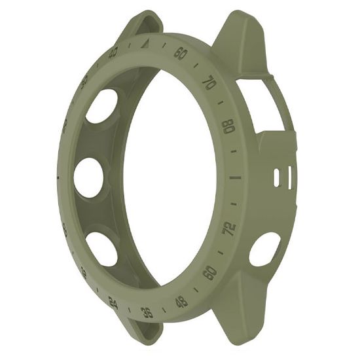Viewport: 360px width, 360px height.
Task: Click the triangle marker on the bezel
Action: tap(147, 45)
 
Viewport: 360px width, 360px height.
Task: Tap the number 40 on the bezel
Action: tap(113, 53)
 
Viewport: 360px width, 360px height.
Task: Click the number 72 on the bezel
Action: tap(229, 228)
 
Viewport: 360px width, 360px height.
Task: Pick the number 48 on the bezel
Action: tap(181, 302)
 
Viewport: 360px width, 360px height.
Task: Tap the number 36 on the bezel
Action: tap(147, 312)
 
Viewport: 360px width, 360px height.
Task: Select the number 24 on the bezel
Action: tap(113, 302)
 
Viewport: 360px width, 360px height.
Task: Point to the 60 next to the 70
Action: tap(181, 53)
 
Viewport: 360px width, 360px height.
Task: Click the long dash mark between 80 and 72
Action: tap(234, 177)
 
